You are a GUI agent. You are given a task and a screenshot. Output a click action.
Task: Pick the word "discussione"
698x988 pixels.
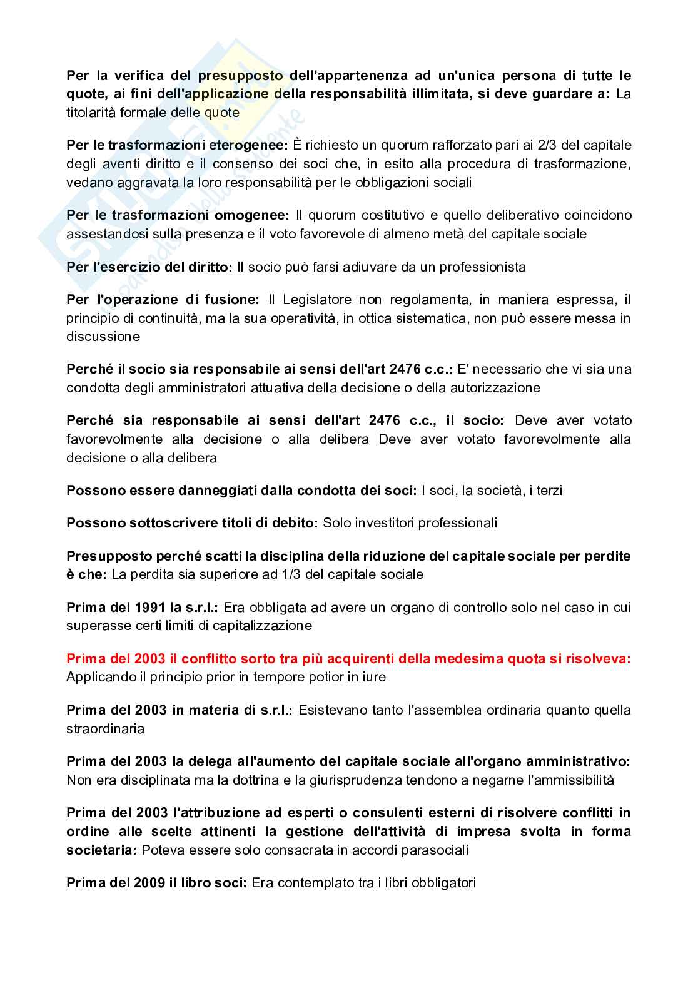(x=104, y=337)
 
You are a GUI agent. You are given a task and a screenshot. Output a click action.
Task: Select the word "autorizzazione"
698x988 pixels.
(x=494, y=388)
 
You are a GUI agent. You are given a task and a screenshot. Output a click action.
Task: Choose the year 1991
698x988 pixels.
(x=151, y=608)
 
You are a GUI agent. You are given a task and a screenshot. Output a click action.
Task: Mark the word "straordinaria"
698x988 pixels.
(x=106, y=729)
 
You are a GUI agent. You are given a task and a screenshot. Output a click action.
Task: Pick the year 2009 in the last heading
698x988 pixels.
(x=150, y=884)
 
